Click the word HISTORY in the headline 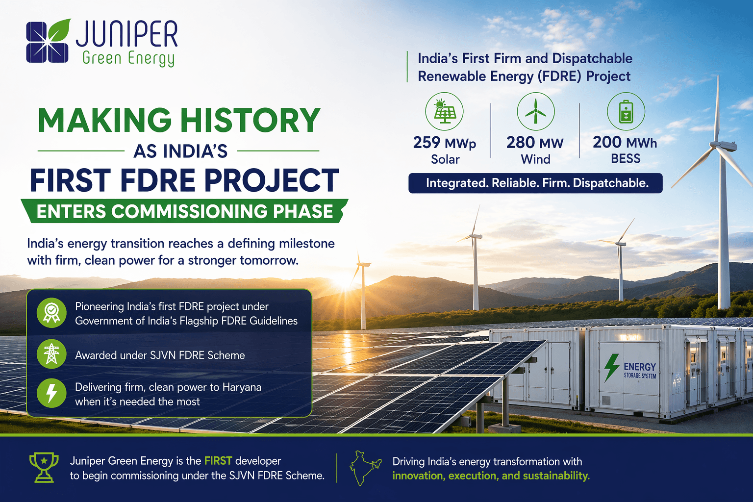[x=250, y=121]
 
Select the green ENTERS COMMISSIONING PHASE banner [x=185, y=211]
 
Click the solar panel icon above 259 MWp [x=445, y=111]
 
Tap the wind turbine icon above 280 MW [x=535, y=111]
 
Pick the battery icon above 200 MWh [x=626, y=111]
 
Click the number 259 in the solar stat [x=427, y=143]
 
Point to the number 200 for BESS [x=607, y=142]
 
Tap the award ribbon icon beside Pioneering [x=51, y=312]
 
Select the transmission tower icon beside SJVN [x=51, y=354]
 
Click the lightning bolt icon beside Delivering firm [x=51, y=393]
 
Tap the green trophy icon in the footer [x=44, y=467]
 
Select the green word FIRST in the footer [x=218, y=461]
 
